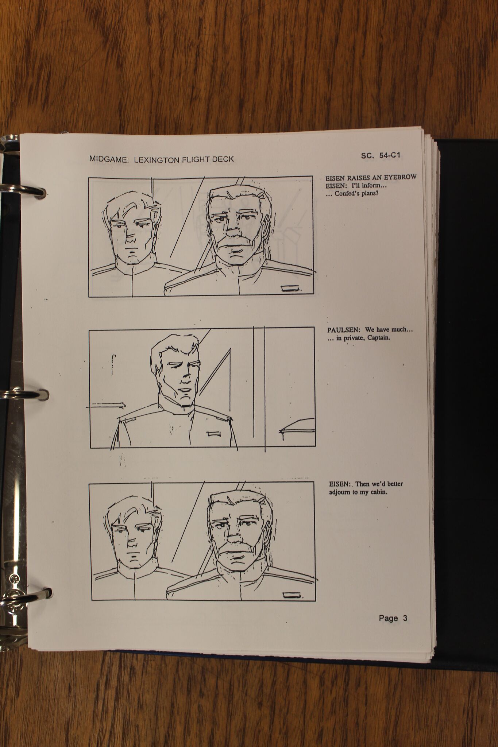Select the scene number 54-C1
tap(389, 155)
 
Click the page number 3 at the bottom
tap(405, 618)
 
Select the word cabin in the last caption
tap(379, 492)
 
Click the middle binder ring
tap(23, 394)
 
